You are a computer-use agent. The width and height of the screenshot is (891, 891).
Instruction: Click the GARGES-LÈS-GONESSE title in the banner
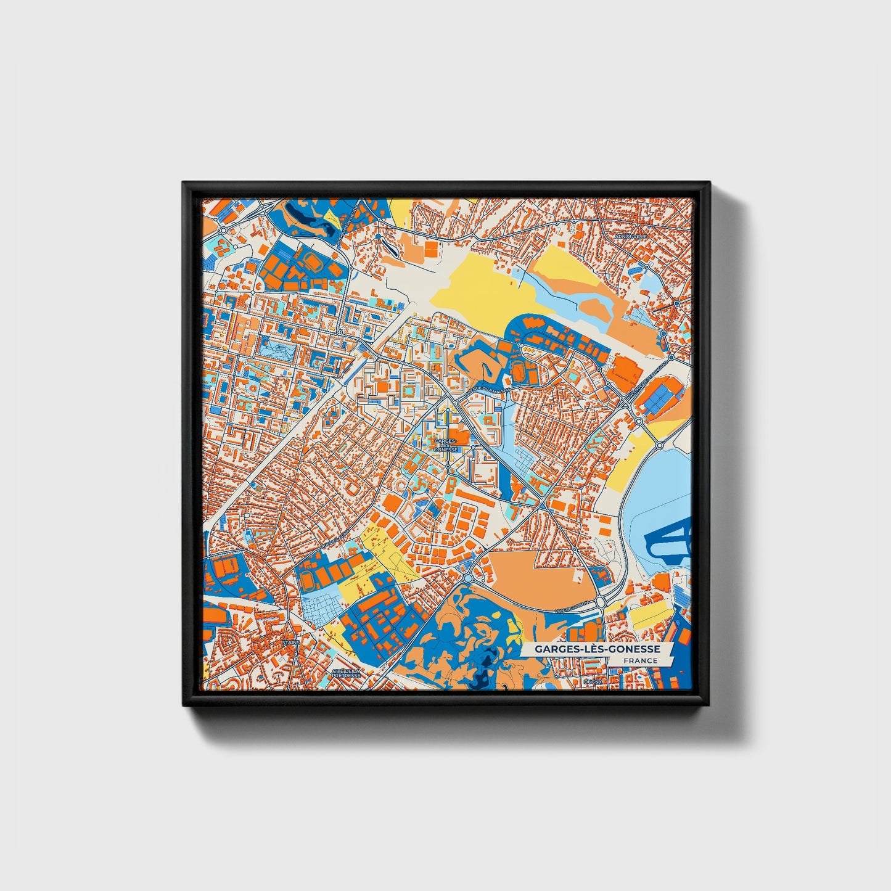tap(597, 649)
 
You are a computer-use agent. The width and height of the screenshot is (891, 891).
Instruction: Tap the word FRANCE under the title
tap(640, 661)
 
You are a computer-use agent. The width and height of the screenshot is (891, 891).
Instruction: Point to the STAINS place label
tap(290, 643)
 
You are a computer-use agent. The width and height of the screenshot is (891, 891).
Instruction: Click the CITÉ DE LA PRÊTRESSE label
tap(345, 673)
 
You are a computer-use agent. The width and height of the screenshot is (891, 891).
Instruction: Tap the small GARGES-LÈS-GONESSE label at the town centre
tap(446, 445)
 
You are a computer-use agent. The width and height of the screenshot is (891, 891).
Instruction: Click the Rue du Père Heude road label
tap(347, 226)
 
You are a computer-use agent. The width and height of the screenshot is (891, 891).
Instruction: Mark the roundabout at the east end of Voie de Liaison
tap(600, 601)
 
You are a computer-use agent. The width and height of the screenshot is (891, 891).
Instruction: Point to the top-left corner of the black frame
tap(184, 183)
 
